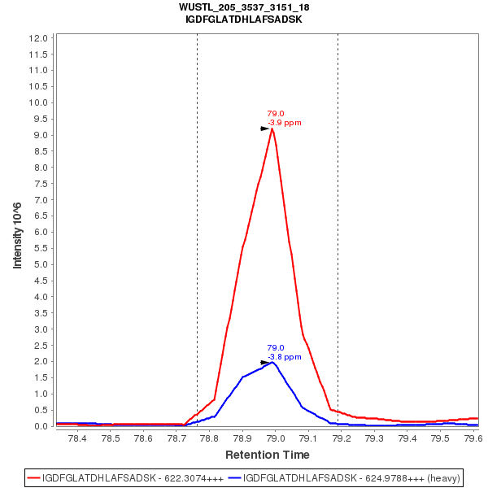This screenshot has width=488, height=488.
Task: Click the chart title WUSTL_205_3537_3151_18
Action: point(244,7)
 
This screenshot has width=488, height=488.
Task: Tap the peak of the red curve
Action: point(272,129)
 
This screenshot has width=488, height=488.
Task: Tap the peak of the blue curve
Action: point(274,362)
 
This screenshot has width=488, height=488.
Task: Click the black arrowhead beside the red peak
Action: point(264,129)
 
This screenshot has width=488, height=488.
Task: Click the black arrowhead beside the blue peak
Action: point(264,362)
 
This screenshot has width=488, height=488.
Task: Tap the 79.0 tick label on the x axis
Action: point(275,438)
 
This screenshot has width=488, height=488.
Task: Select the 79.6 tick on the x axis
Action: point(472,438)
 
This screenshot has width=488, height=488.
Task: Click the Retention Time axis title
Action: point(267,454)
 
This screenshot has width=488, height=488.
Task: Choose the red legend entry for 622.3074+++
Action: point(126,478)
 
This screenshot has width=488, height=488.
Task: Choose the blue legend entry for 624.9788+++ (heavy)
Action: point(346,478)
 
